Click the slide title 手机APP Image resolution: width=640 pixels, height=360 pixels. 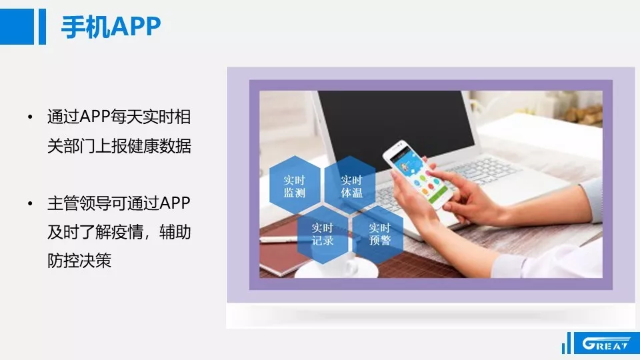(111, 27)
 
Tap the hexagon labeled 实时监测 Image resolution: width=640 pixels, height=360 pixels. (295, 186)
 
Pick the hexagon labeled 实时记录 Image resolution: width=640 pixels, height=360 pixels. (323, 234)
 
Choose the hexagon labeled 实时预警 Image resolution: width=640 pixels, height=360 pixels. (379, 234)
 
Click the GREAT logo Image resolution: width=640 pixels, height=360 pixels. (606, 343)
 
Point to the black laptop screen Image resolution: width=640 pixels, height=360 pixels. (396, 127)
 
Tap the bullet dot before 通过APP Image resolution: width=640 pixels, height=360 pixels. (30, 117)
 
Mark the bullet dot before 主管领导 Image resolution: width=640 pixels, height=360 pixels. (30, 203)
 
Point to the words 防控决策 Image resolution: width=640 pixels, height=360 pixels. (79, 261)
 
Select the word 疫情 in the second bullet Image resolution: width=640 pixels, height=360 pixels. (127, 232)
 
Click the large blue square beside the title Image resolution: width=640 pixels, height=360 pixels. (17, 27)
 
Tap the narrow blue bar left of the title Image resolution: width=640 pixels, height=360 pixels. (42, 27)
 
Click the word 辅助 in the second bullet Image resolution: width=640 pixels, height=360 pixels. (175, 232)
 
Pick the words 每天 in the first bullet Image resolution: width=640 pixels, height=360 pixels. (127, 117)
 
